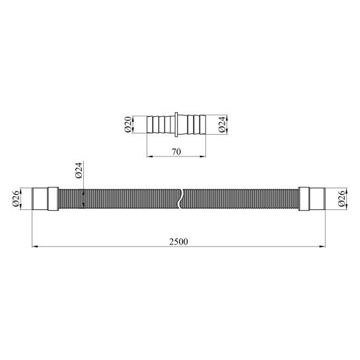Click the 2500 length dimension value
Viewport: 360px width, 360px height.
tap(178, 242)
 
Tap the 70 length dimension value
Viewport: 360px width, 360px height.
tap(176, 152)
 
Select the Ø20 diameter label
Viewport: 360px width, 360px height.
tap(128, 124)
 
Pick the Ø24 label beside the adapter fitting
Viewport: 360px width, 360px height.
tap(222, 124)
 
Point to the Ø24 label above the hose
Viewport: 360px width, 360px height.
tap(79, 170)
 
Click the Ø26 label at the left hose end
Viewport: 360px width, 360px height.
tap(16, 199)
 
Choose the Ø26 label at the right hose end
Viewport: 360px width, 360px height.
tap(342, 199)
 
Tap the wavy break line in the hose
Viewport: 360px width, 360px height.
tap(180, 199)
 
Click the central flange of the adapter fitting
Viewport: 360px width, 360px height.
tap(176, 125)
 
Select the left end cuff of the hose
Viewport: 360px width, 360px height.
tap(40, 199)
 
